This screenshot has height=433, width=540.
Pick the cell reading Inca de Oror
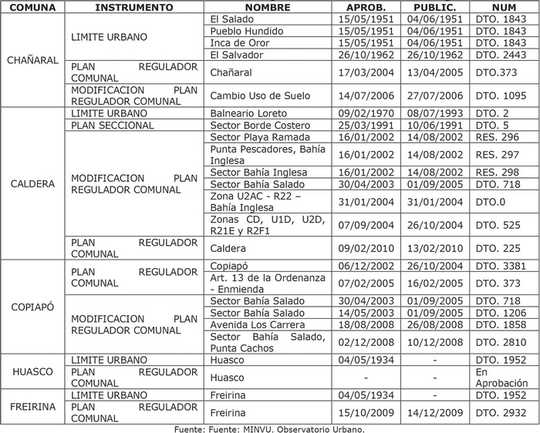click(x=240, y=43)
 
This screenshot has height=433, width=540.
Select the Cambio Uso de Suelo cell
click(x=249, y=96)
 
